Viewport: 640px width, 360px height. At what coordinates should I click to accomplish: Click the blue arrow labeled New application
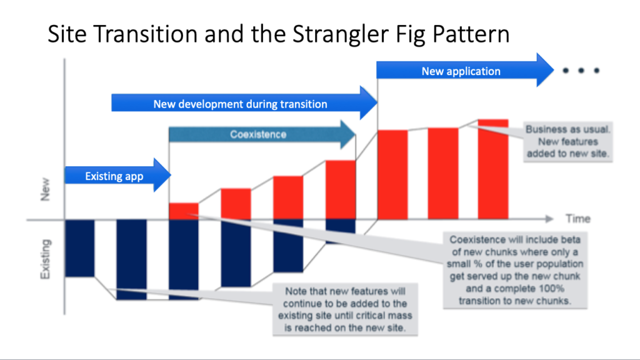pyautogui.click(x=461, y=71)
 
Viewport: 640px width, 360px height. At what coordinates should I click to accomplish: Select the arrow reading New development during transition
pyautogui.click(x=241, y=104)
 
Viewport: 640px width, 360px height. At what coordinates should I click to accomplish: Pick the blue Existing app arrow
pyautogui.click(x=114, y=176)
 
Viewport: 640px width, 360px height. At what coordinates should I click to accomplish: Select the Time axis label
pyautogui.click(x=577, y=219)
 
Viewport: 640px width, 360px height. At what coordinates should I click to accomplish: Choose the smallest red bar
pyautogui.click(x=184, y=211)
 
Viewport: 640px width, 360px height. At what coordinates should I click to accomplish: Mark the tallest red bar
pyautogui.click(x=493, y=169)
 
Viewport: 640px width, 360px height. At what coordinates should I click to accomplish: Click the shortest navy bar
pyautogui.click(x=341, y=226)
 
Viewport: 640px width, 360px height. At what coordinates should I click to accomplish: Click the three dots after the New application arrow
pyautogui.click(x=581, y=71)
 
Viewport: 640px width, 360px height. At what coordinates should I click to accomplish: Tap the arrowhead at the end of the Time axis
pyautogui.click(x=549, y=219)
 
